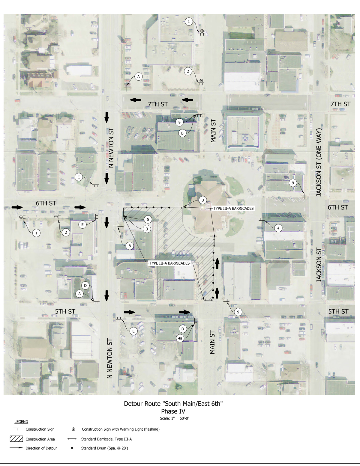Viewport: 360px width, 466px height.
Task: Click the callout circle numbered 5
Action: pyautogui.click(x=148, y=220)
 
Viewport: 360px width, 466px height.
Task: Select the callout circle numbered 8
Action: pyautogui.click(x=130, y=246)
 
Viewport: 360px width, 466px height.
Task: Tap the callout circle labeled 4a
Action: pyautogui.click(x=180, y=338)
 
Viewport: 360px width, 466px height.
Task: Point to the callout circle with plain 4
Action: pyautogui.click(x=278, y=228)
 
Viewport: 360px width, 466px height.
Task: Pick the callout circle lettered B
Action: pyautogui.click(x=182, y=133)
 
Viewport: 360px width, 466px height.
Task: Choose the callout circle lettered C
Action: pyautogui.click(x=79, y=177)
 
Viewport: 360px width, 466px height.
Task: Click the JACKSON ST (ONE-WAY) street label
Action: pyautogui.click(x=319, y=162)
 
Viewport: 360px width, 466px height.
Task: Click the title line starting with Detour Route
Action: pyautogui.click(x=173, y=404)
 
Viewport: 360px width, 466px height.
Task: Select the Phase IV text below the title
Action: pyautogui.click(x=173, y=411)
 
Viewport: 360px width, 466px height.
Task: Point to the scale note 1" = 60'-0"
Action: pyautogui.click(x=175, y=418)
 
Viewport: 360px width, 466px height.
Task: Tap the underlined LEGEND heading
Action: pyautogui.click(x=21, y=422)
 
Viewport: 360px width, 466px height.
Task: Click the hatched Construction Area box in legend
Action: pyautogui.click(x=16, y=439)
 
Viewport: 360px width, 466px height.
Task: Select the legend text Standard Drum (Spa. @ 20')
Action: pyautogui.click(x=104, y=448)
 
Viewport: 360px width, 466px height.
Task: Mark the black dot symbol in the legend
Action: pyautogui.click(x=72, y=448)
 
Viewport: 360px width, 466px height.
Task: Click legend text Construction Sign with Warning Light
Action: pyautogui.click(x=121, y=429)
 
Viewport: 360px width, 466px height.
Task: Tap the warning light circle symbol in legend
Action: pyautogui.click(x=73, y=429)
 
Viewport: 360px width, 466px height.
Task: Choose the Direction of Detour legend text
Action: pyautogui.click(x=41, y=448)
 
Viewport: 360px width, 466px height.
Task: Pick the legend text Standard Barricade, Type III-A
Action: pyautogui.click(x=106, y=439)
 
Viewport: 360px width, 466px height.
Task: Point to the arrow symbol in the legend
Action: pyautogui.click(x=16, y=448)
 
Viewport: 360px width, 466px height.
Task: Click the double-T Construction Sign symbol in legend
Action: pyautogui.click(x=16, y=429)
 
